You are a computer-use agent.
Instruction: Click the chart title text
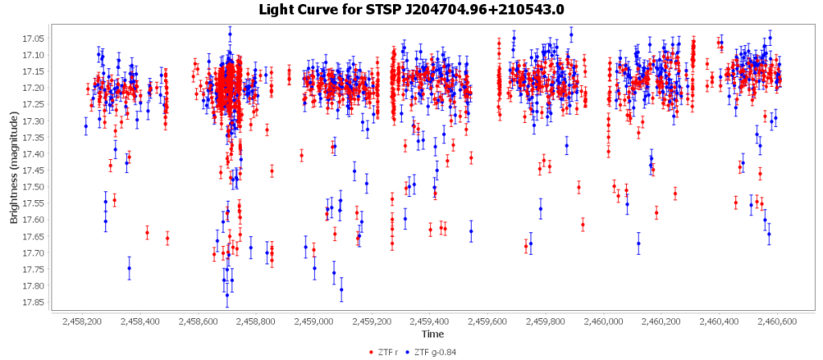(411, 10)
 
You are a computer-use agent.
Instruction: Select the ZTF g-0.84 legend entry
(435, 351)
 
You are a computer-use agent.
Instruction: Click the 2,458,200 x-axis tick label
(83, 321)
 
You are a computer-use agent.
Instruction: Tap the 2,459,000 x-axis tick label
(314, 321)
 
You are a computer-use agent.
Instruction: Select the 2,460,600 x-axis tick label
(778, 321)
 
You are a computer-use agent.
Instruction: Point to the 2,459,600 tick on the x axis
(488, 321)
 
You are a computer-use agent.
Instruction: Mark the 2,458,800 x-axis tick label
(256, 321)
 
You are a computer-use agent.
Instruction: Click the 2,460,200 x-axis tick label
(662, 321)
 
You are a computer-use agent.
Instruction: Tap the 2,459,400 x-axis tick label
(430, 321)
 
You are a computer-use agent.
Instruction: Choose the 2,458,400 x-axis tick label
(141, 321)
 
